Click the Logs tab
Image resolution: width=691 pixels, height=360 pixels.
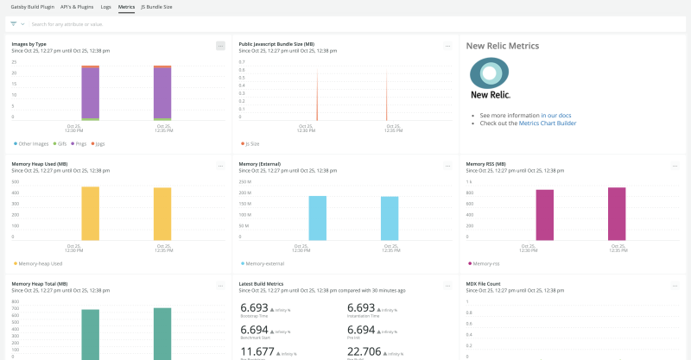[105, 6]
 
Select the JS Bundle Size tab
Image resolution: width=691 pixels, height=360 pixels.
[156, 6]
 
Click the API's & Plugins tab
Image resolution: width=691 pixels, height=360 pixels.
[78, 6]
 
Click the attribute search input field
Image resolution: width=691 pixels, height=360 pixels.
[173, 23]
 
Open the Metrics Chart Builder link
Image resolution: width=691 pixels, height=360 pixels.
[548, 123]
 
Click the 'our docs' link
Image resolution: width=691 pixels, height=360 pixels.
[559, 115]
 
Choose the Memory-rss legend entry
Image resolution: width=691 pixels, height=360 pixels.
[485, 262]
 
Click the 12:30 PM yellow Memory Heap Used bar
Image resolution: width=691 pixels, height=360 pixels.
[90, 212]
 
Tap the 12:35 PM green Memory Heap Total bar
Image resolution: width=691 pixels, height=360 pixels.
[162, 332]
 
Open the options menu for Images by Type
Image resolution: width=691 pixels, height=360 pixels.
[220, 45]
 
